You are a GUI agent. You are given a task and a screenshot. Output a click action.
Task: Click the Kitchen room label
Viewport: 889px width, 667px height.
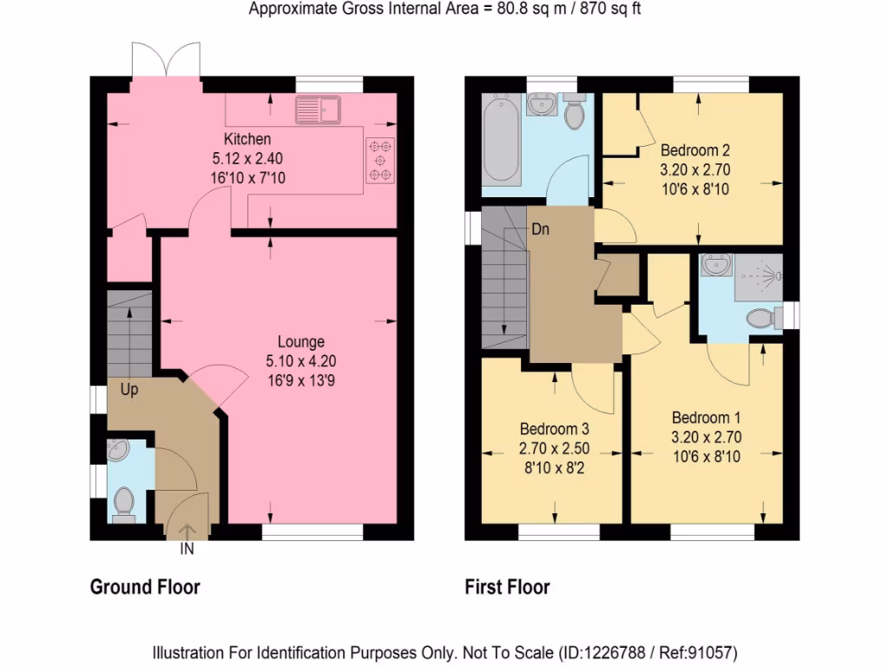click(247, 139)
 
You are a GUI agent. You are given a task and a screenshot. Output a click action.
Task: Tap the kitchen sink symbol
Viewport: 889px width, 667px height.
click(319, 109)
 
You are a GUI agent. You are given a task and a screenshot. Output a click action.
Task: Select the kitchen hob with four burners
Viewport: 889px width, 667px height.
click(379, 161)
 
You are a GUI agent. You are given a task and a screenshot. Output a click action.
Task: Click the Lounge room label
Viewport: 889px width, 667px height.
click(301, 341)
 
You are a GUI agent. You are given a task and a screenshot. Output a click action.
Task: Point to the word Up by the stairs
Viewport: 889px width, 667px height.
click(129, 390)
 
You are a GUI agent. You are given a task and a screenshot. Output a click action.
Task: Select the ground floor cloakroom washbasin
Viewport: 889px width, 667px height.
click(117, 450)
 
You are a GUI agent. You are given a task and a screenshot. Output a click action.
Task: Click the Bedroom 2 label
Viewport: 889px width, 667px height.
click(695, 148)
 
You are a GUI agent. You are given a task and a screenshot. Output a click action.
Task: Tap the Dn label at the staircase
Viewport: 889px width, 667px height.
click(541, 230)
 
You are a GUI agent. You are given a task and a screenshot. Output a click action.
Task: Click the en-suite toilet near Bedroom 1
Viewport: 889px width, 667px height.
click(761, 319)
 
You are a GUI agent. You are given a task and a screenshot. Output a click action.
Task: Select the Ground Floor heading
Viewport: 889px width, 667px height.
click(145, 587)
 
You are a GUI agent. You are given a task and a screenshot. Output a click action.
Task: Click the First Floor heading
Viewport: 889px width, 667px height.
click(507, 587)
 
